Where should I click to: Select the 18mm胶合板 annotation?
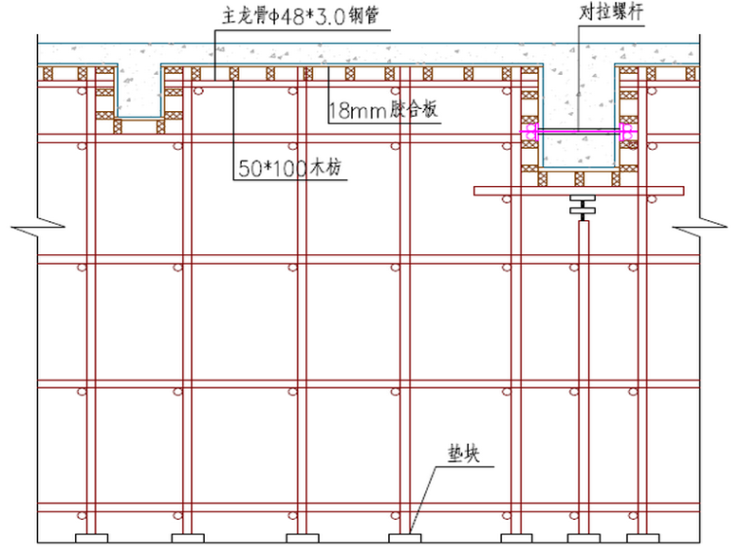click(382, 110)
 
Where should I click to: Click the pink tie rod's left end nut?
click(530, 130)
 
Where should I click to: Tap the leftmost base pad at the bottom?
click(87, 538)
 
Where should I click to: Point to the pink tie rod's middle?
click(579, 130)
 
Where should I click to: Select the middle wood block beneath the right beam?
click(579, 177)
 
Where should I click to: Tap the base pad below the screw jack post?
click(580, 538)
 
